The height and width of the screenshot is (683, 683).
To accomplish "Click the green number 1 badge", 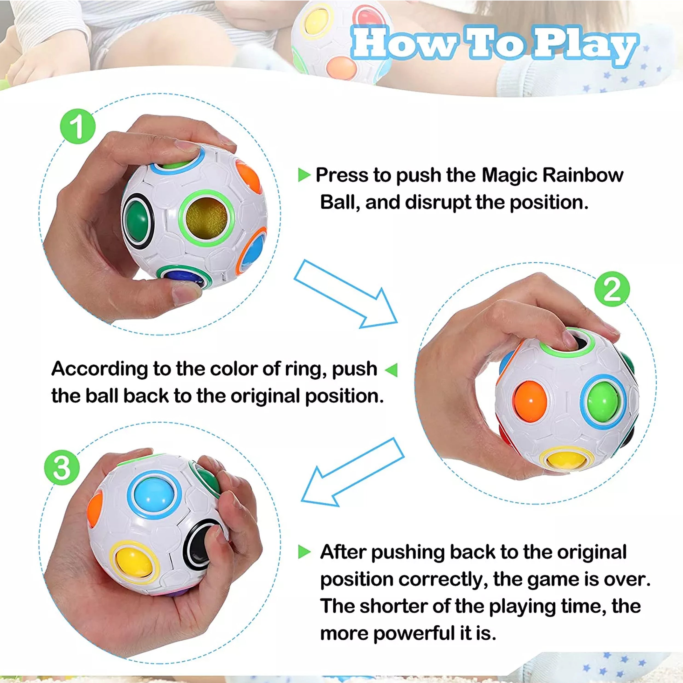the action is pos(78,126).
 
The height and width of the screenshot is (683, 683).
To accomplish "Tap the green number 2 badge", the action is pos(612,289).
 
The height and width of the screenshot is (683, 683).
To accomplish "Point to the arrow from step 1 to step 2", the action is pos(346,294).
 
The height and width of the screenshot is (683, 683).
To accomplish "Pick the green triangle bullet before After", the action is pos(304,552).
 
